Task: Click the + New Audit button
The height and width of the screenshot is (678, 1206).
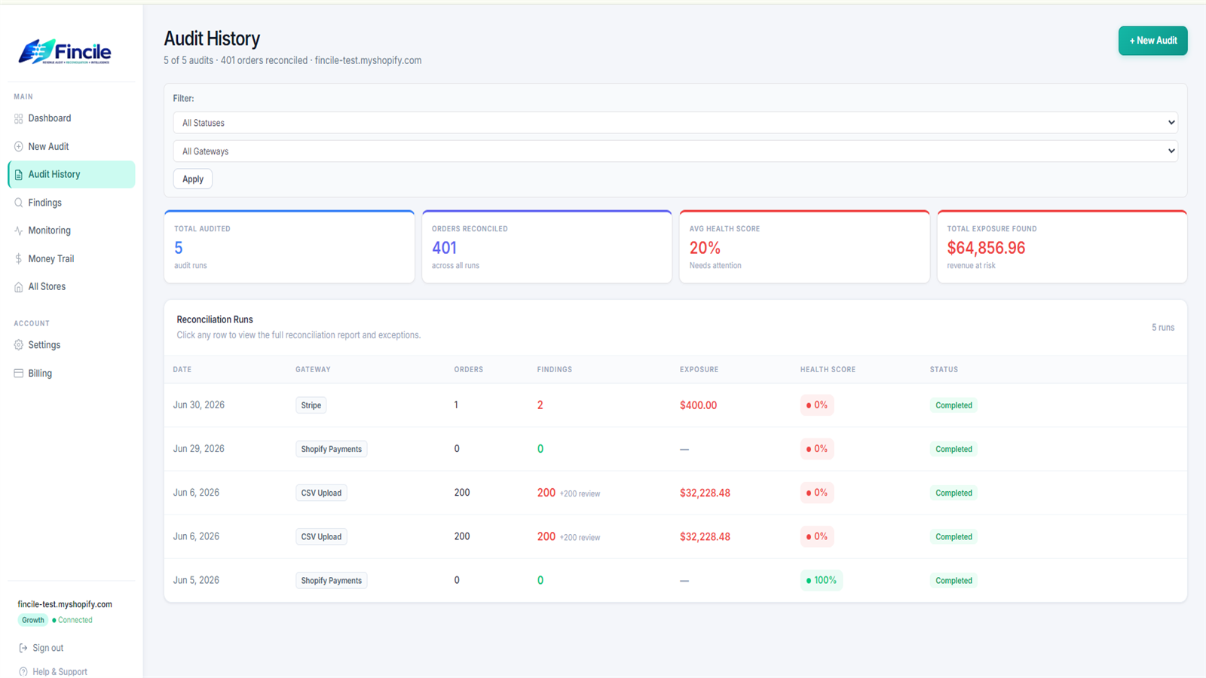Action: pyautogui.click(x=1152, y=41)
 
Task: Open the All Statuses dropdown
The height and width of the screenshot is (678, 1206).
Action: pyautogui.click(x=675, y=123)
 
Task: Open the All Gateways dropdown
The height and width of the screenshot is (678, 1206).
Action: pyautogui.click(x=675, y=151)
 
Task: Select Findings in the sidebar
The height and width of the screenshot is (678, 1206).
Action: pyautogui.click(x=44, y=203)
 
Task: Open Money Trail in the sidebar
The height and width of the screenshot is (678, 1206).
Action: pyautogui.click(x=51, y=259)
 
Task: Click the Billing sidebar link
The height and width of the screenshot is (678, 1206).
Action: pyautogui.click(x=40, y=374)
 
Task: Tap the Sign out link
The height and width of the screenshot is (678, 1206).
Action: pyautogui.click(x=47, y=648)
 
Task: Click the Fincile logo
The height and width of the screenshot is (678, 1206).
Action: pyautogui.click(x=65, y=52)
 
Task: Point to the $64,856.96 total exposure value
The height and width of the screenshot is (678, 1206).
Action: pyautogui.click(x=986, y=248)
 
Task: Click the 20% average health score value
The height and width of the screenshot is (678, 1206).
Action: pyautogui.click(x=705, y=248)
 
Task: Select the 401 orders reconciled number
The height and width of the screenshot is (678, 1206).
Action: pyautogui.click(x=444, y=248)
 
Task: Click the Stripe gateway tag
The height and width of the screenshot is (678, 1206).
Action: pyautogui.click(x=311, y=405)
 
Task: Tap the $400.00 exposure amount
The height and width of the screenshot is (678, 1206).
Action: pyautogui.click(x=698, y=405)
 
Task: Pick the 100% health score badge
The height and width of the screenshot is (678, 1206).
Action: pyautogui.click(x=821, y=580)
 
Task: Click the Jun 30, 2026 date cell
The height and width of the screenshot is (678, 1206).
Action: pyautogui.click(x=199, y=405)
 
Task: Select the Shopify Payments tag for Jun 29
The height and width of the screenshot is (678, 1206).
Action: pyautogui.click(x=331, y=449)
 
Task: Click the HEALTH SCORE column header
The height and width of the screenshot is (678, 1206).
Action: pyautogui.click(x=828, y=370)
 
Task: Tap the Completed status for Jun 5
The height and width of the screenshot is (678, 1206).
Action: pyautogui.click(x=953, y=581)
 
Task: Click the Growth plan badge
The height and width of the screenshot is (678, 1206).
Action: pyautogui.click(x=33, y=620)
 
